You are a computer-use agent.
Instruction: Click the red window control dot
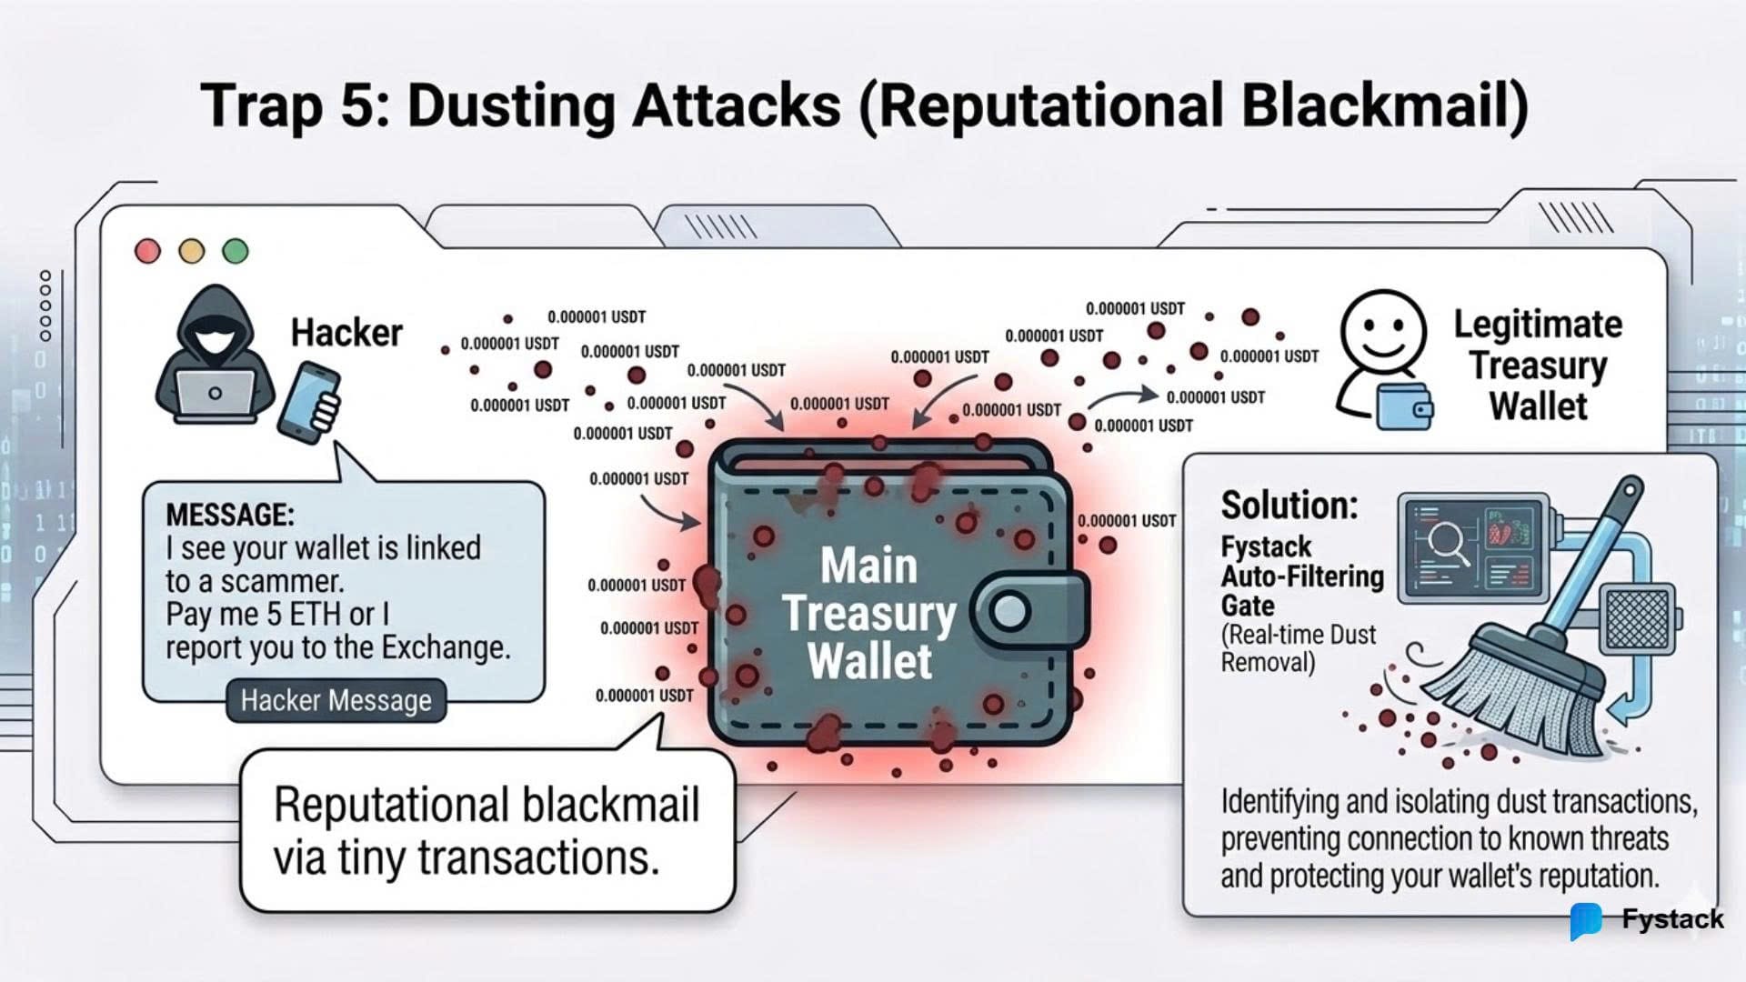[147, 251]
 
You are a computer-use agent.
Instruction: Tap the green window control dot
[236, 251]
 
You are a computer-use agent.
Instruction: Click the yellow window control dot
[191, 251]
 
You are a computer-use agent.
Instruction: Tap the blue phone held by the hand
[306, 401]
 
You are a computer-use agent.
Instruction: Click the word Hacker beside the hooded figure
[346, 333]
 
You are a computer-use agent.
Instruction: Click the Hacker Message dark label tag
[336, 700]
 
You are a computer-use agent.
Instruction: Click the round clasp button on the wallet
[1009, 611]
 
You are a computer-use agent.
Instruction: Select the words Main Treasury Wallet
[869, 613]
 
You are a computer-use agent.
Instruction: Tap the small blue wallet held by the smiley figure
[1404, 407]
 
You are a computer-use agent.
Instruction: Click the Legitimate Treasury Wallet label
[1538, 365]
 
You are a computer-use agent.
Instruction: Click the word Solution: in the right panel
[1289, 505]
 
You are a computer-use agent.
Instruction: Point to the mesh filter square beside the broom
[1639, 619]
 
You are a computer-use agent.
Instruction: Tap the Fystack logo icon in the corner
[1585, 921]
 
